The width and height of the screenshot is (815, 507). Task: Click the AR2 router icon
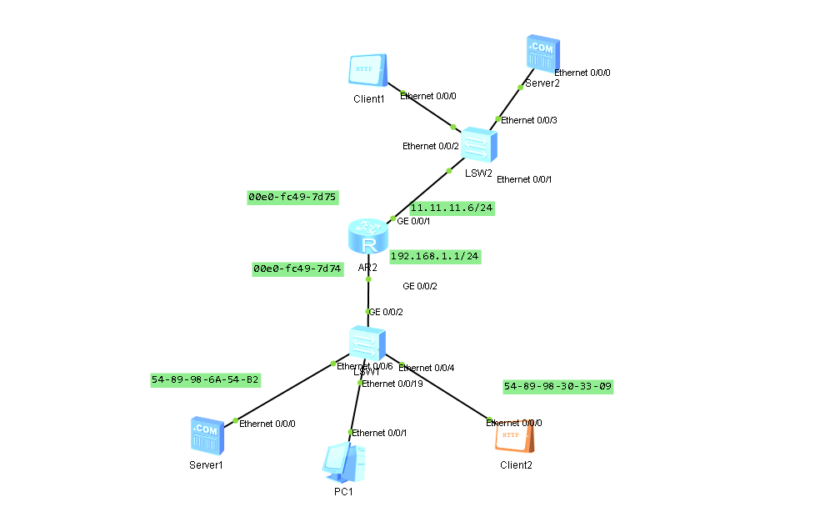click(367, 236)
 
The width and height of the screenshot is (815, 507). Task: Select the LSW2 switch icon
click(479, 144)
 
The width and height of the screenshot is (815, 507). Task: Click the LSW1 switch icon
click(367, 343)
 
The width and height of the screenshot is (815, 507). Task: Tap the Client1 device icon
click(367, 72)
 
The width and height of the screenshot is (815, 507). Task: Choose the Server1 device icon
click(207, 435)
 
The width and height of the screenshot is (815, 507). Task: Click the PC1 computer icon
click(344, 463)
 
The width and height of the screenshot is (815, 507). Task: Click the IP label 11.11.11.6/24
click(452, 208)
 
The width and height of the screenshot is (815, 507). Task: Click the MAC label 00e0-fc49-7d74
click(297, 269)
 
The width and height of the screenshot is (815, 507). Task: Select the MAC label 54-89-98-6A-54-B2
click(205, 379)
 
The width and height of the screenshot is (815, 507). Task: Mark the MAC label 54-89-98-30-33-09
click(557, 386)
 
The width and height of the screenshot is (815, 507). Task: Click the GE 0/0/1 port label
click(414, 223)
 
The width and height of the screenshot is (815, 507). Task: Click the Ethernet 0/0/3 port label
click(528, 120)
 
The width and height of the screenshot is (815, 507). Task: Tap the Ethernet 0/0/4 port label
click(427, 368)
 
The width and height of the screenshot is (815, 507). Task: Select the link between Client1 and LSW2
click(427, 110)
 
